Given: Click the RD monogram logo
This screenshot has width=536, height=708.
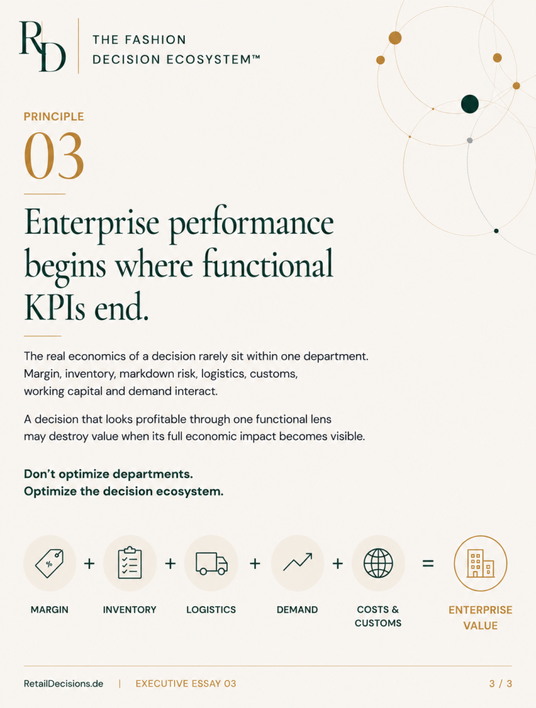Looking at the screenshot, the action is pos(43,46).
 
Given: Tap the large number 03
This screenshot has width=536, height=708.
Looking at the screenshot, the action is pos(54,156).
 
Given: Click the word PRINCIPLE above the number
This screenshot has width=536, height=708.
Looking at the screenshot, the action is pos(54,116).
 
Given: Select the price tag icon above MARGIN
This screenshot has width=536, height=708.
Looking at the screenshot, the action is pos(49,563).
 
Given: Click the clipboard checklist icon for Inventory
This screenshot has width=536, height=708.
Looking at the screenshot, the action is pos(129,563).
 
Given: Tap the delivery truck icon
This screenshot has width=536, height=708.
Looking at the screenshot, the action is pos(212,563).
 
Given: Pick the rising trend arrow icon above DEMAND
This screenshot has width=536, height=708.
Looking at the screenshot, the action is pos(297,561).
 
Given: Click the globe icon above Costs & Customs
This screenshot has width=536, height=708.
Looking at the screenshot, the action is pos(378,563).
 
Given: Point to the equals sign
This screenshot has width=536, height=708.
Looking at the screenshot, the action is pos(428,563).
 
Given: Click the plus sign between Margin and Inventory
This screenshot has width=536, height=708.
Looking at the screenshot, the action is pos(89,563).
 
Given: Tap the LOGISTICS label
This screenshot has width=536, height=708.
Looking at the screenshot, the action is pos(211,610).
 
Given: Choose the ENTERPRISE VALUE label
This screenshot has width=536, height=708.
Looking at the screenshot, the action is pos(481,617).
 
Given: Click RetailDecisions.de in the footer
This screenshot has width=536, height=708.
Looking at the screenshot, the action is pos(63,684).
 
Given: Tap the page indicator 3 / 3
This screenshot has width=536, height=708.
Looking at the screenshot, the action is pos(500,684).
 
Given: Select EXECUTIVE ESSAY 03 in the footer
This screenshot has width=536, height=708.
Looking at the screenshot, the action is pos(185,684).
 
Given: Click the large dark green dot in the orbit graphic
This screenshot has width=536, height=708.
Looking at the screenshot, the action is pos(470,104).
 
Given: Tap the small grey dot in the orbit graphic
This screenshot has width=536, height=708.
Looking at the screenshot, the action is pos(470,140).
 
